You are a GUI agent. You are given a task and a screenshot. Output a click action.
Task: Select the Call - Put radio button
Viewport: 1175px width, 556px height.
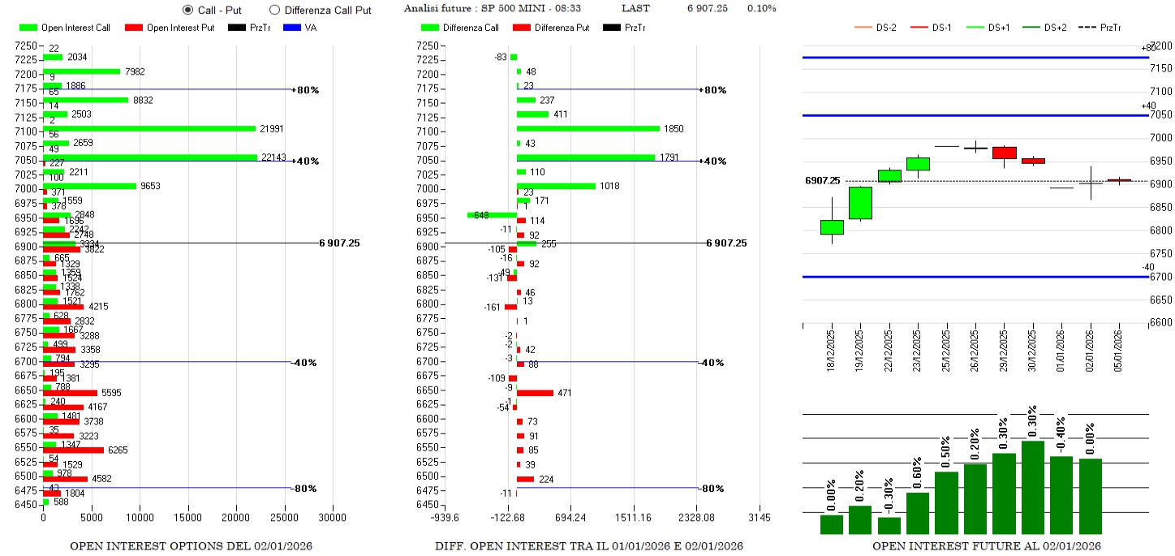click(188, 10)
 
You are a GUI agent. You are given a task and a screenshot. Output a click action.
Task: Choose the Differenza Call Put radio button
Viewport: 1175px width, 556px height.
click(274, 10)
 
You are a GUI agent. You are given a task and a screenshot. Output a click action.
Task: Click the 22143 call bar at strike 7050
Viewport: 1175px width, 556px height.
click(150, 157)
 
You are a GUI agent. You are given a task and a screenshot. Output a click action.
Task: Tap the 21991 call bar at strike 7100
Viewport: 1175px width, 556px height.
click(149, 128)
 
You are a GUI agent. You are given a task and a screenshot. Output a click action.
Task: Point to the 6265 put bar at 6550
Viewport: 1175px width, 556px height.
click(73, 450)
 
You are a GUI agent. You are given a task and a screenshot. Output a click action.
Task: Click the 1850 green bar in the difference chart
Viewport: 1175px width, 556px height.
click(587, 128)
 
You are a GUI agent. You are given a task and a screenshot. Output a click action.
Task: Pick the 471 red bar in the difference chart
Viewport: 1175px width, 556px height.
click(535, 393)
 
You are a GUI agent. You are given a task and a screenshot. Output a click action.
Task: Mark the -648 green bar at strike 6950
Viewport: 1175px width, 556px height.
click(492, 215)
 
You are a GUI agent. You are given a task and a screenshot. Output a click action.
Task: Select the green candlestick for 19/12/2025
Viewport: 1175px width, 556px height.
click(860, 203)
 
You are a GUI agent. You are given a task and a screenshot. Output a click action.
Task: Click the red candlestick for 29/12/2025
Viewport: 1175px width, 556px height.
click(1004, 153)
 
